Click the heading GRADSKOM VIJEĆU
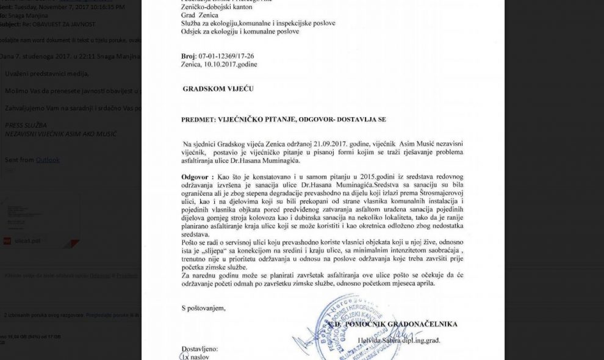(218, 89)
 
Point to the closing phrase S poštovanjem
(203, 308)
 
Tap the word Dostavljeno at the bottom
(199, 349)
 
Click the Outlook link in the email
(48, 160)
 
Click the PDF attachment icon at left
(8, 240)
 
